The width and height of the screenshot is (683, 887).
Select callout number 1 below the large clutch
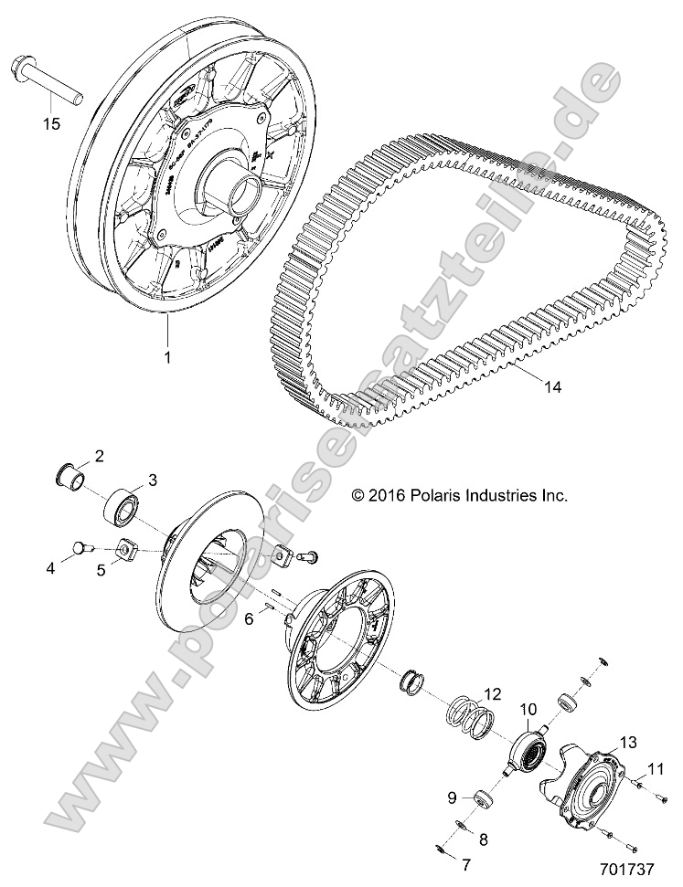point(167,358)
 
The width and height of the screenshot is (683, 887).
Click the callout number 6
point(248,618)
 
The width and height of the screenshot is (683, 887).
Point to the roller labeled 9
point(481,800)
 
